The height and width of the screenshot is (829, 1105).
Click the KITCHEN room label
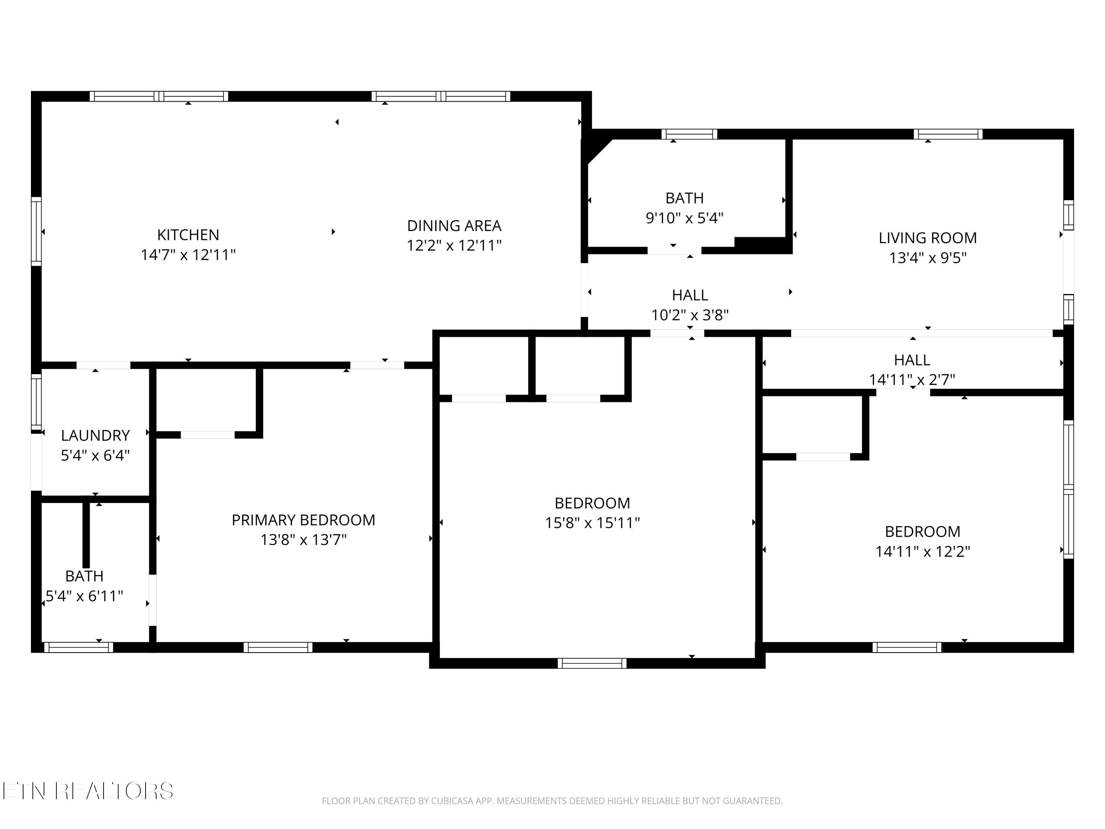pyautogui.click(x=188, y=234)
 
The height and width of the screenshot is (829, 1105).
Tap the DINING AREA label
pyautogui.click(x=454, y=225)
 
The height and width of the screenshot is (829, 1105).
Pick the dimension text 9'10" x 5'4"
pyautogui.click(x=684, y=218)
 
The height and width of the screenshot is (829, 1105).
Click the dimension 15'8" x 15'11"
pyautogui.click(x=592, y=523)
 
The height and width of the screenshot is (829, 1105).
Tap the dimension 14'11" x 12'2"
pyautogui.click(x=923, y=551)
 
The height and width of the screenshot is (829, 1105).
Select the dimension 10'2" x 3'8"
pyautogui.click(x=690, y=315)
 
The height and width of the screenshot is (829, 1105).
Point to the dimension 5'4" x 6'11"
pyautogui.click(x=84, y=596)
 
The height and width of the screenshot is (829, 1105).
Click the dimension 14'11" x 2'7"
pyautogui.click(x=912, y=380)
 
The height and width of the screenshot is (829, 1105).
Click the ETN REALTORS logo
pyautogui.click(x=88, y=791)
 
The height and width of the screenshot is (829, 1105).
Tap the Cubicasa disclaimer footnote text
pyautogui.click(x=552, y=801)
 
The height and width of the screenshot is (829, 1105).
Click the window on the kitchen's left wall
pyautogui.click(x=36, y=231)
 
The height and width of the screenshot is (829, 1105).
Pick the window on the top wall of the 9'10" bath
pyautogui.click(x=690, y=134)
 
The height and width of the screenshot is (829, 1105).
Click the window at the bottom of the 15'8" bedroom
pyautogui.click(x=592, y=663)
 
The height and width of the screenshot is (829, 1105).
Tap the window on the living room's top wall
pyautogui.click(x=948, y=134)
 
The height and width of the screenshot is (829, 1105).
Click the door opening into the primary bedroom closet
pyautogui.click(x=208, y=435)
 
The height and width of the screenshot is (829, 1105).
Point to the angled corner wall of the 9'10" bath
pyautogui.click(x=599, y=151)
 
